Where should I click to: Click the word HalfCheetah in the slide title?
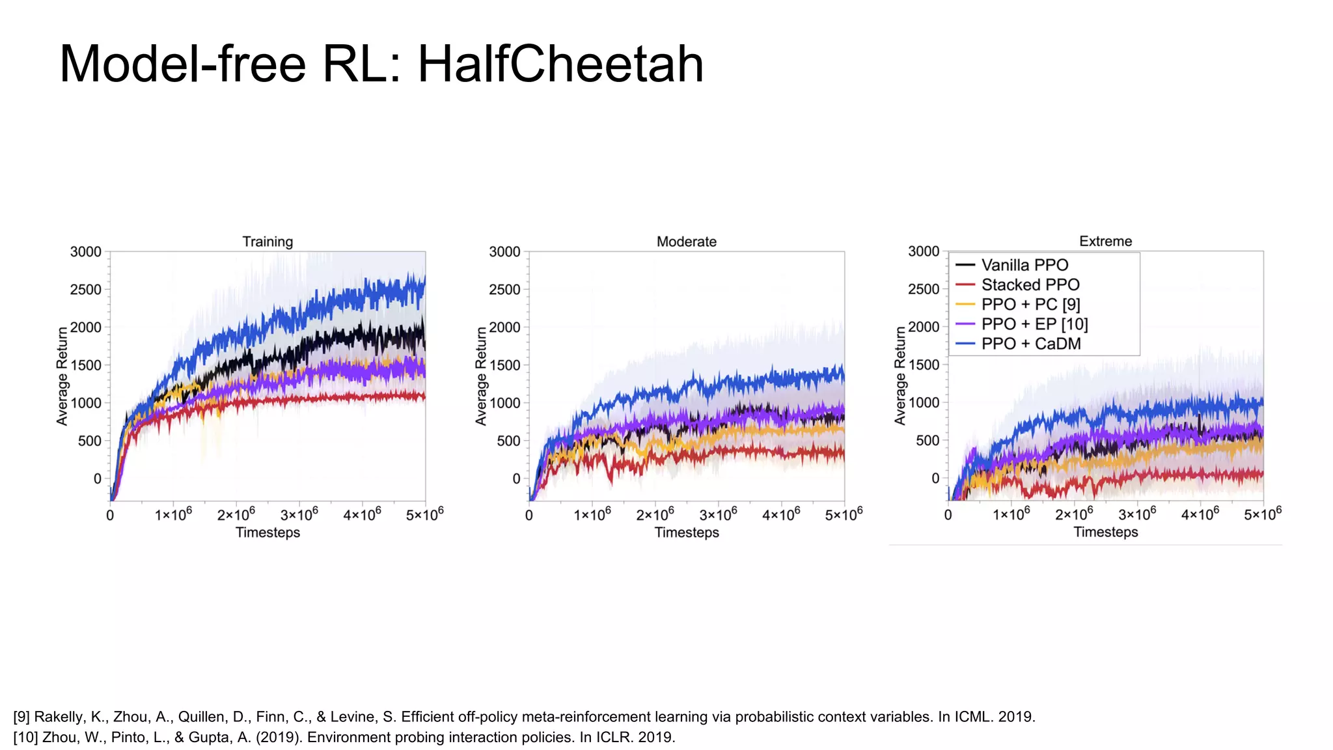click(560, 64)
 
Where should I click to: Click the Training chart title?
click(268, 242)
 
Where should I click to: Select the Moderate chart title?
click(686, 242)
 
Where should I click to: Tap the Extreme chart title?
click(1105, 241)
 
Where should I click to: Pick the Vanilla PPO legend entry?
click(1024, 265)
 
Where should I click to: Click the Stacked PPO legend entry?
click(1030, 285)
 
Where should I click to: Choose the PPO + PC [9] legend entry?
click(1030, 304)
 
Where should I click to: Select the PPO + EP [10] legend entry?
click(1034, 324)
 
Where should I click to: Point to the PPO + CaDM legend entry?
click(1030, 344)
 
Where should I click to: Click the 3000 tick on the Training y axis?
click(86, 251)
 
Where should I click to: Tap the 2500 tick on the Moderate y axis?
click(504, 289)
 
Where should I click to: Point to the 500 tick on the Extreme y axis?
click(927, 440)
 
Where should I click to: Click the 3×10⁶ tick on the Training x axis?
click(299, 514)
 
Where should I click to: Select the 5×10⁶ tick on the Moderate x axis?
click(844, 514)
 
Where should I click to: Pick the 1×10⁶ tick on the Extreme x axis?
click(1011, 514)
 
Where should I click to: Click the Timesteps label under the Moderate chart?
click(686, 533)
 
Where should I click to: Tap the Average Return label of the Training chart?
click(62, 376)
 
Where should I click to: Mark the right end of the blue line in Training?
click(424, 280)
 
